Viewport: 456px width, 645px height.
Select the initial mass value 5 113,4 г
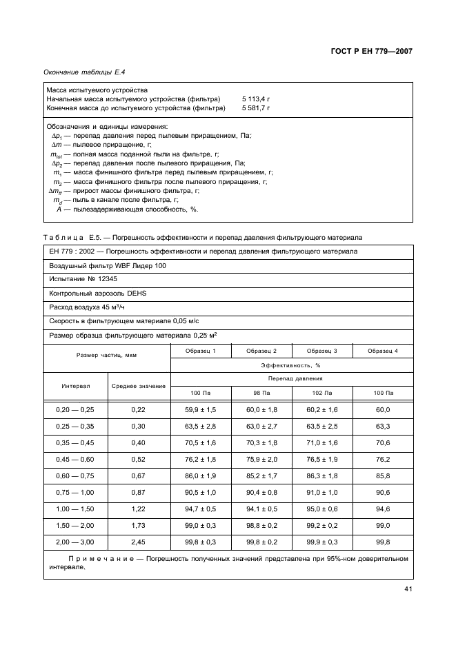point(256,99)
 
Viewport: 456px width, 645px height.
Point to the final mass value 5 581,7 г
point(256,108)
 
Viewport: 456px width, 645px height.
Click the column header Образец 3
point(321,351)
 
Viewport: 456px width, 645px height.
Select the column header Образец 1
point(200,351)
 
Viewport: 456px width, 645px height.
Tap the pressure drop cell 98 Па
point(261,392)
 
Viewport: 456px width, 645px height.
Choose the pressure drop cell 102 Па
point(321,392)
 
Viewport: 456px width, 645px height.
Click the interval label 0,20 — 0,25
point(75,409)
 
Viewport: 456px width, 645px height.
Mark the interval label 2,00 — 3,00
point(75,542)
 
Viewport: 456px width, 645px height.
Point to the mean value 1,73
point(138,525)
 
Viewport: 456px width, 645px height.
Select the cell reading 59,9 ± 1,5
point(200,409)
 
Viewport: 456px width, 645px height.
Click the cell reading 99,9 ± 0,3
point(321,542)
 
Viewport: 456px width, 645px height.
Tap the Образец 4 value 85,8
point(383,475)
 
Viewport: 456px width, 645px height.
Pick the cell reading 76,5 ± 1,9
point(321,459)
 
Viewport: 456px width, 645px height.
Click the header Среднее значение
point(138,386)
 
